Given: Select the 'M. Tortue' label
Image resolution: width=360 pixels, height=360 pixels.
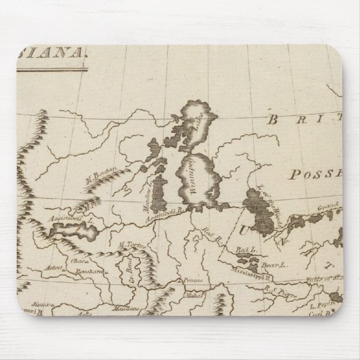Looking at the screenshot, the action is click(x=129, y=244).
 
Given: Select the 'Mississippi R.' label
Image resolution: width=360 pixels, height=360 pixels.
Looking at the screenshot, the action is click(x=253, y=275).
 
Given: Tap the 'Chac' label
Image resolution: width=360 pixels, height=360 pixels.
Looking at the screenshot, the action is click(x=78, y=261).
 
